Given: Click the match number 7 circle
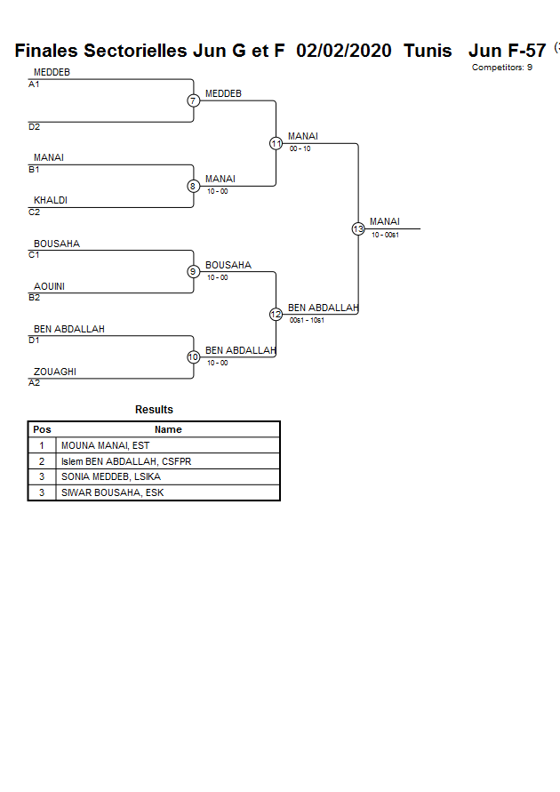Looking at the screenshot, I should [x=193, y=100].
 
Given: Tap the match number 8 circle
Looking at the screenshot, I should [x=193, y=186].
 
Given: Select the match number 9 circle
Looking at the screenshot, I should [x=193, y=272].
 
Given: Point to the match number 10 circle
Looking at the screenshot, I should [x=193, y=357].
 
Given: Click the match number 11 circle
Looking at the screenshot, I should [x=276, y=143].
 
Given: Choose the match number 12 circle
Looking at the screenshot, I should [x=276, y=315].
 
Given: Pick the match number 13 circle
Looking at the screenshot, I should [x=358, y=228].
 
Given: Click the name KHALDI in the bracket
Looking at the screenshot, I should [x=51, y=201].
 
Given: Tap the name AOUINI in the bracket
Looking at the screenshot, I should [x=49, y=286].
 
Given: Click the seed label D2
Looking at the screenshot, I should [x=34, y=127].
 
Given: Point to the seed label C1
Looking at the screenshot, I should [x=34, y=255].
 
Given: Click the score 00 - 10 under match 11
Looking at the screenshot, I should [x=300, y=148].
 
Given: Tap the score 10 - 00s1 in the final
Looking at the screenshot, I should [x=385, y=235].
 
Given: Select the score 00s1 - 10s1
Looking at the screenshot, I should [x=307, y=320].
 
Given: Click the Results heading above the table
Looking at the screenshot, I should [x=154, y=410].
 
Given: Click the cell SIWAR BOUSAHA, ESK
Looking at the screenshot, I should [x=112, y=492].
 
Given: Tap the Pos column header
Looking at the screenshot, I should [x=42, y=429].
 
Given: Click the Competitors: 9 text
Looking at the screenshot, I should [x=502, y=68].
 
